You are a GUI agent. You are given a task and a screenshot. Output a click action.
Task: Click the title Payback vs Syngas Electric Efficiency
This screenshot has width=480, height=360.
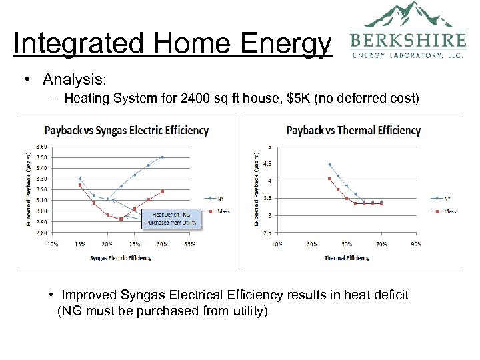[x=126, y=130]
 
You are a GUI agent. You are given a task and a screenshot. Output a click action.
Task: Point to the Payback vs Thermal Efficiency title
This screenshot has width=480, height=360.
[x=353, y=130]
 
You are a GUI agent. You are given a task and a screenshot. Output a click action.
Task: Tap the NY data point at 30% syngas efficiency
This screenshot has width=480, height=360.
[x=162, y=157]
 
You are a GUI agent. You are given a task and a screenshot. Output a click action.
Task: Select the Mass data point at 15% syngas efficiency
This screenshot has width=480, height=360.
[x=80, y=185]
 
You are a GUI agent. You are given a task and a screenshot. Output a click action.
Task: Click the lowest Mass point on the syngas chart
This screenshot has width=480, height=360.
[x=121, y=219]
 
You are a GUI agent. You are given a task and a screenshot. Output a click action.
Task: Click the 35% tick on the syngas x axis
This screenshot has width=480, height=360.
[x=189, y=244]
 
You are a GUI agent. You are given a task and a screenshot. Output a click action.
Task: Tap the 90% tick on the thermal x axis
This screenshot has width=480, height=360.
[x=416, y=244]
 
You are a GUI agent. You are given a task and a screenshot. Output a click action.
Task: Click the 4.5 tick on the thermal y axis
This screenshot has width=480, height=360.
[x=268, y=163]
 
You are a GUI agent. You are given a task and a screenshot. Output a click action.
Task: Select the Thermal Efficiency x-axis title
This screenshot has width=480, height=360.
[x=347, y=257]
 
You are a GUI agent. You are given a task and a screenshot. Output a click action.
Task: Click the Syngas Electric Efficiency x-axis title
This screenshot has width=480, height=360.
[x=121, y=257]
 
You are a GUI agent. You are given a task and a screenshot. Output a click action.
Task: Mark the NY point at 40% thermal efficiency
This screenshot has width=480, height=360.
[x=329, y=164]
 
